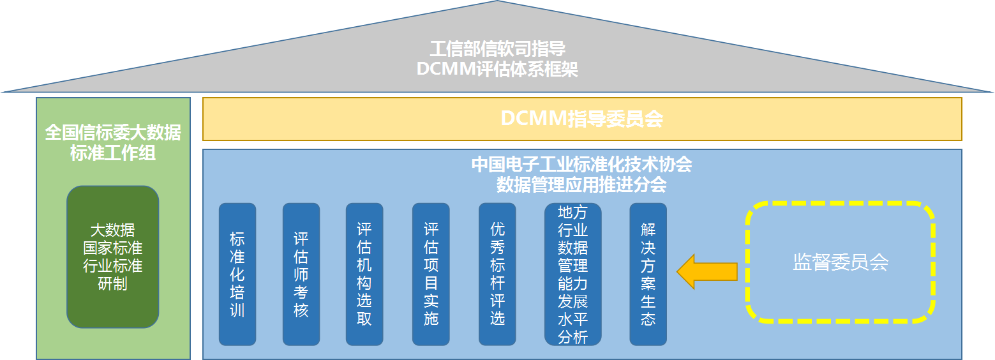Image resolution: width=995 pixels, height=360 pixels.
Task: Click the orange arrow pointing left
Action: (x=706, y=271)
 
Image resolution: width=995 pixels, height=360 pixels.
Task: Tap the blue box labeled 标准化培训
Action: (x=237, y=274)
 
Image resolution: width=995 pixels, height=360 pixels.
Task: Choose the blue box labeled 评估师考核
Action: (x=301, y=274)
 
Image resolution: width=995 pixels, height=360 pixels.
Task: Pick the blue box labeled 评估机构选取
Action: (x=364, y=274)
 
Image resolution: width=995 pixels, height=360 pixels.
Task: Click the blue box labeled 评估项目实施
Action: (x=431, y=274)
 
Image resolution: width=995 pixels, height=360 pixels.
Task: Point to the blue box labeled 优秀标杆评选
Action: (x=497, y=274)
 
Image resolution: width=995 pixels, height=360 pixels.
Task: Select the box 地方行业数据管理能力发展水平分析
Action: (x=572, y=274)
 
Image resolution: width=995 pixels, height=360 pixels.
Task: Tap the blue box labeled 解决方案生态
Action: (x=648, y=274)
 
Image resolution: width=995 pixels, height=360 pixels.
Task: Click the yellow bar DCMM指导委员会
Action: (x=581, y=119)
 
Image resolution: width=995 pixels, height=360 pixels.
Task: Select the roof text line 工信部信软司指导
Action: (x=497, y=49)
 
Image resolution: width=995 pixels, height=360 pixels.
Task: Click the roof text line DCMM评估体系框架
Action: (x=497, y=69)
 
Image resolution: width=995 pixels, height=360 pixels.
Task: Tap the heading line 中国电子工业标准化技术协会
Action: (x=581, y=165)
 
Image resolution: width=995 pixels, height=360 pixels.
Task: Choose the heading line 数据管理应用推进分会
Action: (x=581, y=184)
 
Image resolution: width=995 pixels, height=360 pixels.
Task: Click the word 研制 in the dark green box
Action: (x=112, y=283)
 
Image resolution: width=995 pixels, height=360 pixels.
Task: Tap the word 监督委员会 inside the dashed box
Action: (x=840, y=262)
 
